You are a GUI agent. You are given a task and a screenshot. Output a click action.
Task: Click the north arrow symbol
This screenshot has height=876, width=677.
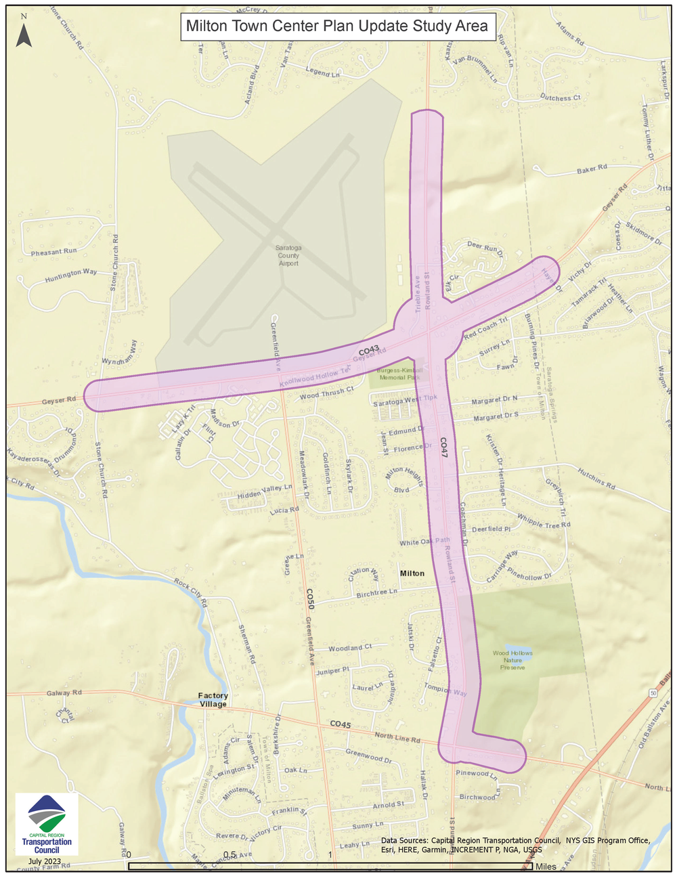pyautogui.click(x=24, y=34)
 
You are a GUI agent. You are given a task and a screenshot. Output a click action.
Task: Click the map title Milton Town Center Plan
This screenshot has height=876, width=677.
pyautogui.click(x=336, y=26)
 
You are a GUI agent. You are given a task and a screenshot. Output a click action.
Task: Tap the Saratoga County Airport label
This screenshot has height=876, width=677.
pyautogui.click(x=288, y=255)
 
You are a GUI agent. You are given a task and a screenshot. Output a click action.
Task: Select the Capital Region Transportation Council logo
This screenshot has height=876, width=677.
pyautogui.click(x=47, y=824)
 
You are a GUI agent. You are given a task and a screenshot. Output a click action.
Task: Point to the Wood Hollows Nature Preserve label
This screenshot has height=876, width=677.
pyautogui.click(x=512, y=660)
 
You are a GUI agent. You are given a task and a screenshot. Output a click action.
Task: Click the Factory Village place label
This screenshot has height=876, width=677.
pyautogui.click(x=213, y=700)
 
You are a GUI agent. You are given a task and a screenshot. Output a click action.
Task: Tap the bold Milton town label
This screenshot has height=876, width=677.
pyautogui.click(x=412, y=573)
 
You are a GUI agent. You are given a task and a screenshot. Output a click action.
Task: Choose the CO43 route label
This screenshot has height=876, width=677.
pyautogui.click(x=369, y=350)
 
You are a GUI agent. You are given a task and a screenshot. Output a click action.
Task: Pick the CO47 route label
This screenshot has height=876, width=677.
pyautogui.click(x=444, y=448)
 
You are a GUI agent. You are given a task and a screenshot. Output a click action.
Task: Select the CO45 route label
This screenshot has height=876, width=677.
pyautogui.click(x=341, y=724)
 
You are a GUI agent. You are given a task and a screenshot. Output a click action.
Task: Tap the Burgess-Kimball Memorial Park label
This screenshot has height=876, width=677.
pyautogui.click(x=400, y=374)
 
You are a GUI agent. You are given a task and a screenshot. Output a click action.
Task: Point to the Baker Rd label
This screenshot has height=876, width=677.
pyautogui.click(x=592, y=169)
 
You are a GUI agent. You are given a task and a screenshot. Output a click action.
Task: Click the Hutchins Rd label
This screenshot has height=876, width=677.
pyautogui.click(x=596, y=478)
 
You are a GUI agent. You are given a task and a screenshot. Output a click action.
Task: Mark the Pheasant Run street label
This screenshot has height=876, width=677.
pyautogui.click(x=54, y=252)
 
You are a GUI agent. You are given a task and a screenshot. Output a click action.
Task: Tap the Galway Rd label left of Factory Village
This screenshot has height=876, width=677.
pyautogui.click(x=64, y=693)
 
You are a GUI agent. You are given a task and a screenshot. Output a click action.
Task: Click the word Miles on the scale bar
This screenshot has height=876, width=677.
pyautogui.click(x=546, y=867)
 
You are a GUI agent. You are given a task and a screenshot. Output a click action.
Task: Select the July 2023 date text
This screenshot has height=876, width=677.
pyautogui.click(x=45, y=861)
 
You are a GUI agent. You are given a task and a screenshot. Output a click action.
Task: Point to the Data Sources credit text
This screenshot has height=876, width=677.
pyautogui.click(x=515, y=845)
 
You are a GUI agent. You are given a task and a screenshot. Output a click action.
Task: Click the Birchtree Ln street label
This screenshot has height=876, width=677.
pyautogui.click(x=376, y=593)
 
